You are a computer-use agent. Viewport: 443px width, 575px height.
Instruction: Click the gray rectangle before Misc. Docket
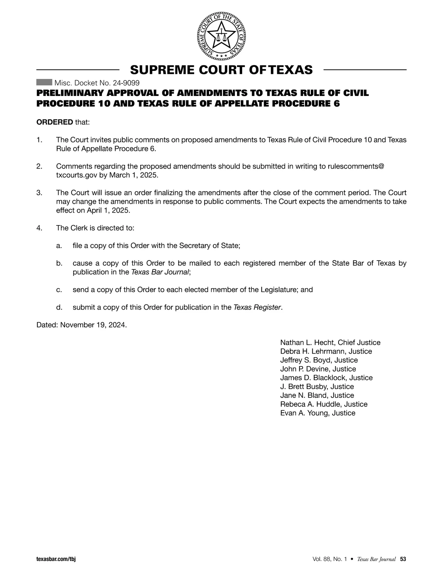pos(44,82)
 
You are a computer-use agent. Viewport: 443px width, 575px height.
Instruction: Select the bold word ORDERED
pos(55,122)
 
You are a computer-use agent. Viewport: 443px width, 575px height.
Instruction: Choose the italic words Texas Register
pos(257,307)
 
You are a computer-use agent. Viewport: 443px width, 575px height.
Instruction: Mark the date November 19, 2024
pos(93,325)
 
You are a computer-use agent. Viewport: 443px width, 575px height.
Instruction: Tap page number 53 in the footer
pos(403,559)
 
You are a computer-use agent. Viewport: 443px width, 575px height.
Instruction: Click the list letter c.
pos(59,290)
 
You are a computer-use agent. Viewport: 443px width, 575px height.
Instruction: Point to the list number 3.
pos(39,193)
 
